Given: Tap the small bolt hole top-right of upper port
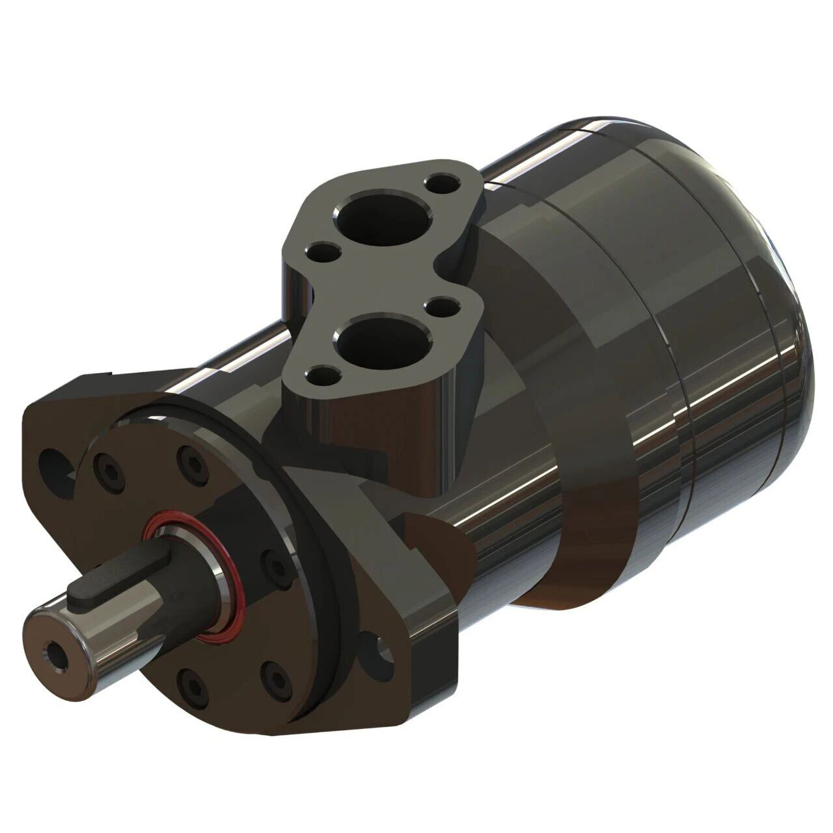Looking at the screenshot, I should pyautogui.click(x=444, y=181).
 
